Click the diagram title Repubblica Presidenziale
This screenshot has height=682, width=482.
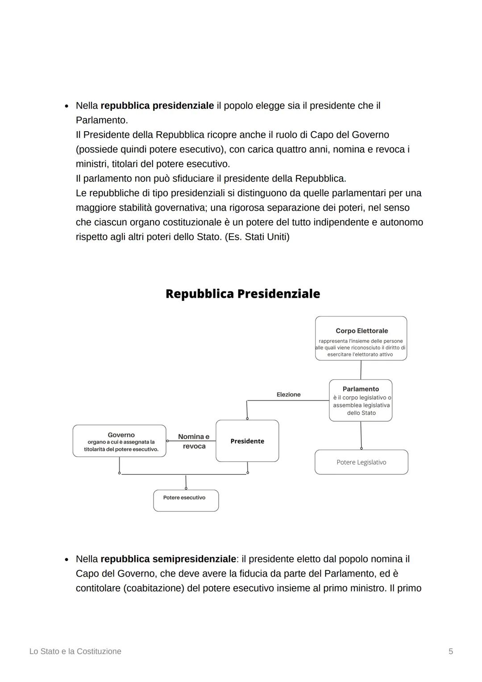pyautogui.click(x=242, y=294)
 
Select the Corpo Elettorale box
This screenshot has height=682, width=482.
pyautogui.click(x=361, y=338)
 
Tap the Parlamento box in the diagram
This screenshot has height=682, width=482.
pyautogui.click(x=361, y=400)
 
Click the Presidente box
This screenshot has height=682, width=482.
pyautogui.click(x=247, y=441)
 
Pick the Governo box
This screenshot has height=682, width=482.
pyautogui.click(x=119, y=441)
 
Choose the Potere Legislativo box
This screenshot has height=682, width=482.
pyautogui.click(x=361, y=462)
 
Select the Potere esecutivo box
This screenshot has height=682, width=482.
pyautogui.click(x=186, y=500)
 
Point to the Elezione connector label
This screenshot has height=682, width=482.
pyautogui.click(x=288, y=395)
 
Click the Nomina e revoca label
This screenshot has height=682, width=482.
pyautogui.click(x=194, y=441)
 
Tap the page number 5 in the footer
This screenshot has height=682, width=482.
pyautogui.click(x=450, y=651)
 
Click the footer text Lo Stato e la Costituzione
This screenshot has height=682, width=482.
pyautogui.click(x=75, y=651)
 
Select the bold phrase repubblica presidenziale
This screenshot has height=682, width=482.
pyautogui.click(x=157, y=106)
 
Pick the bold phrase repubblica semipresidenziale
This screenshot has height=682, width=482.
pyautogui.click(x=168, y=559)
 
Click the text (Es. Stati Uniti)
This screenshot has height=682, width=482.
pyautogui.click(x=257, y=237)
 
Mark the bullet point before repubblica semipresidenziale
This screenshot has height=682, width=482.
pyautogui.click(x=66, y=559)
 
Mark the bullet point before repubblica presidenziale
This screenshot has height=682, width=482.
pyautogui.click(x=66, y=106)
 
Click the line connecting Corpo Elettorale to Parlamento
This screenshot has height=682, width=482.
pyautogui.click(x=361, y=370)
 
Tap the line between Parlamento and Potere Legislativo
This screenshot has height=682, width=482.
pyautogui.click(x=361, y=435)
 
